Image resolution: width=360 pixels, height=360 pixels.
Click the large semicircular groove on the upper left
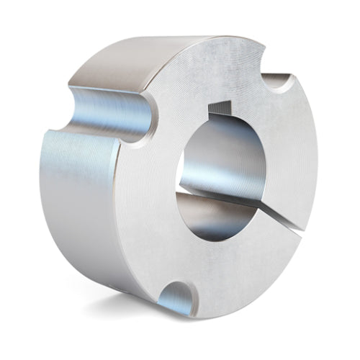108,112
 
